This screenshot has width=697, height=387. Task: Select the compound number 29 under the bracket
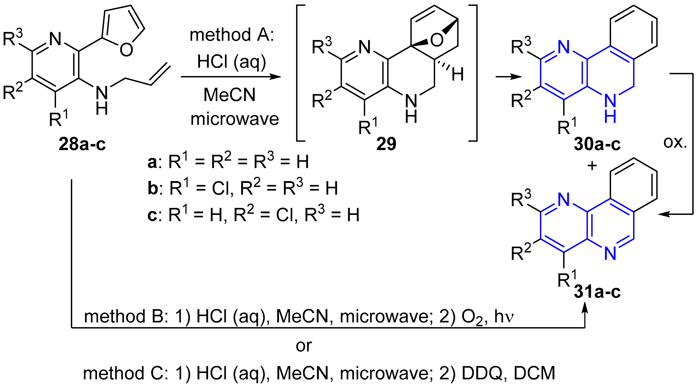(386, 144)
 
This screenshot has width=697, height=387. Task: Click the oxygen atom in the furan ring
(126, 49)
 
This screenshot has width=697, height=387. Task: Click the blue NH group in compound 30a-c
(610, 108)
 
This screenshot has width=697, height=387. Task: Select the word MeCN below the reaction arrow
(229, 95)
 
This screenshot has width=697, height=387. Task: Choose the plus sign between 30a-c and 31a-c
(592, 165)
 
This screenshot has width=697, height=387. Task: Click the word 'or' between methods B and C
(304, 346)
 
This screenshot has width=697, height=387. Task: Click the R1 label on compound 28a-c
(58, 119)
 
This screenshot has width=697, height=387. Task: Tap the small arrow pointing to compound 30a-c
(508, 77)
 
